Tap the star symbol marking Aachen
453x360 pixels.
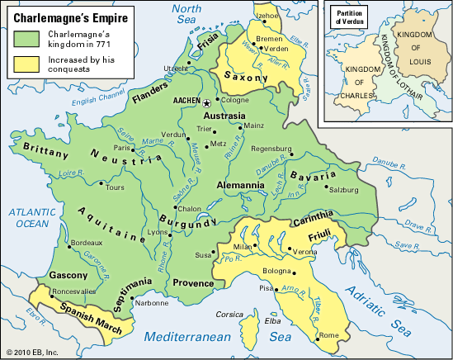(x=207, y=103)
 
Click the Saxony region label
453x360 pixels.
(x=248, y=78)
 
